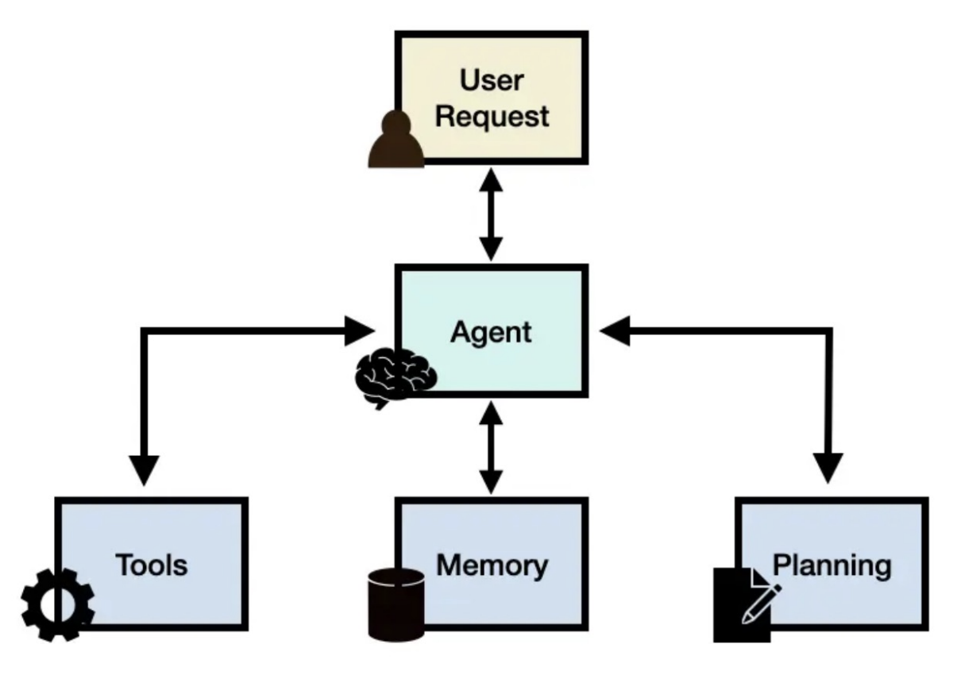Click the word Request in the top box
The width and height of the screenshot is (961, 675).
pyautogui.click(x=492, y=117)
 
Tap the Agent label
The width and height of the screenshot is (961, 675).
pyautogui.click(x=492, y=333)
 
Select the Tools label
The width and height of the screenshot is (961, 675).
pyautogui.click(x=152, y=565)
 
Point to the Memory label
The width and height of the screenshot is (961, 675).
pyautogui.click(x=492, y=566)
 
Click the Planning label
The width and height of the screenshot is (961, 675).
pyautogui.click(x=832, y=566)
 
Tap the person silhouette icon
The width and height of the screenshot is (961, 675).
pyautogui.click(x=396, y=139)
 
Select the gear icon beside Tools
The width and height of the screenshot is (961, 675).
pyautogui.click(x=58, y=605)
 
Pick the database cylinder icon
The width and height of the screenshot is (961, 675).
pyautogui.click(x=396, y=605)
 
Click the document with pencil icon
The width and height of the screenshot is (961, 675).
pyautogui.click(x=747, y=605)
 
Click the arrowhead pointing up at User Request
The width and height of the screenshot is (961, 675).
pyautogui.click(x=492, y=179)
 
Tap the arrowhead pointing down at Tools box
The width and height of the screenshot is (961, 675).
pyautogui.click(x=145, y=471)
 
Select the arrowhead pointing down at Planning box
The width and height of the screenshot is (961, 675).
pyautogui.click(x=828, y=469)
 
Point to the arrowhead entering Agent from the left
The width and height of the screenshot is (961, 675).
pyautogui.click(x=360, y=331)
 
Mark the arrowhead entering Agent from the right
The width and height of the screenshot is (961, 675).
pyautogui.click(x=615, y=330)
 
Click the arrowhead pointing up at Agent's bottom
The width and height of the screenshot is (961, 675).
pyautogui.click(x=492, y=413)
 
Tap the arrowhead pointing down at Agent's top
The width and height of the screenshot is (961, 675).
pyautogui.click(x=492, y=249)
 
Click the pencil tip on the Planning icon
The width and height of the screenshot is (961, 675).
pyautogui.click(x=743, y=621)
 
